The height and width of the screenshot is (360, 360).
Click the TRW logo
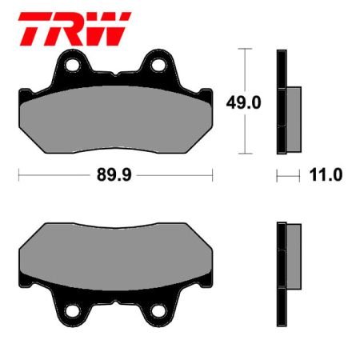73,28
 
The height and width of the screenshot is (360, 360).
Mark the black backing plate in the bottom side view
280,272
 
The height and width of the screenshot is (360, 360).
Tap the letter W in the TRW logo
106,28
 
